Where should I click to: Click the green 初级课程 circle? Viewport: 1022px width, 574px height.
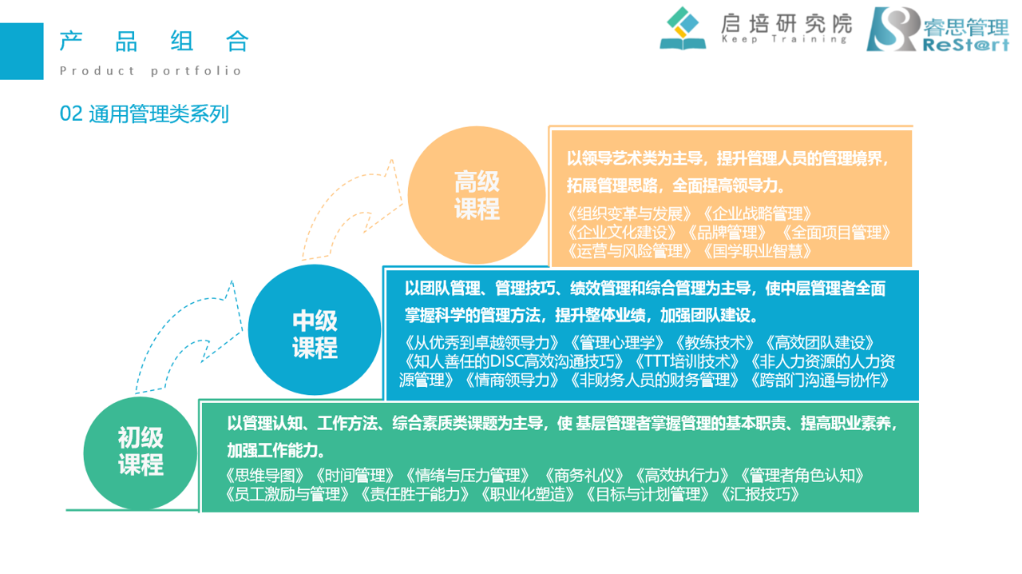(140, 453)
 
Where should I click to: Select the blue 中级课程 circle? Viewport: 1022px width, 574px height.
(315, 329)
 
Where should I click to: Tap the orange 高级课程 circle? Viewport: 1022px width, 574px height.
(477, 195)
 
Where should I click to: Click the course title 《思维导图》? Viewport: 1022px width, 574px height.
(264, 476)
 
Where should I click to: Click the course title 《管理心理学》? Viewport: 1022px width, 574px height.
(616, 343)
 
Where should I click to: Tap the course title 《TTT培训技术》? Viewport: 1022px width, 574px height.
(687, 361)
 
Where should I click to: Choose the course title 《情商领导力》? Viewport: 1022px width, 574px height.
(512, 381)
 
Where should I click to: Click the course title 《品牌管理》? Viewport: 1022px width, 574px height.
(727, 233)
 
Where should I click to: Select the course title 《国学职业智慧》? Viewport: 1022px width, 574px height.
(758, 251)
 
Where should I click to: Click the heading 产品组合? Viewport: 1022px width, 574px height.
(154, 41)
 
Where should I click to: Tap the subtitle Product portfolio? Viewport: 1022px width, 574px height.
(151, 71)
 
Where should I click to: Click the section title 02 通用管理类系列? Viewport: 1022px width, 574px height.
(145, 114)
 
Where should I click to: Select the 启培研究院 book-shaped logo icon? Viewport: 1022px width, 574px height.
(683, 28)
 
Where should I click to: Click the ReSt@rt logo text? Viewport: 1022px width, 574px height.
(965, 45)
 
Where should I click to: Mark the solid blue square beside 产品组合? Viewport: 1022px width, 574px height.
(22, 51)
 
